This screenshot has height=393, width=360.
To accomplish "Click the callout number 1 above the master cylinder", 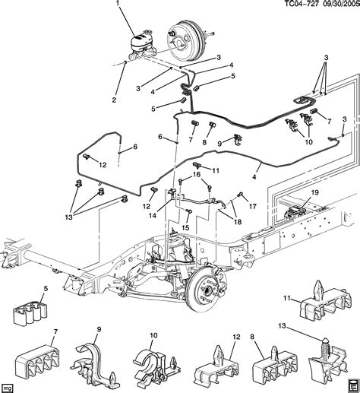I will pos(117,4).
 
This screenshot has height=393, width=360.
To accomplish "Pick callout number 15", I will pos(185,228).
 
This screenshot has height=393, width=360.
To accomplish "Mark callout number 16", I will pos(197,175).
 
